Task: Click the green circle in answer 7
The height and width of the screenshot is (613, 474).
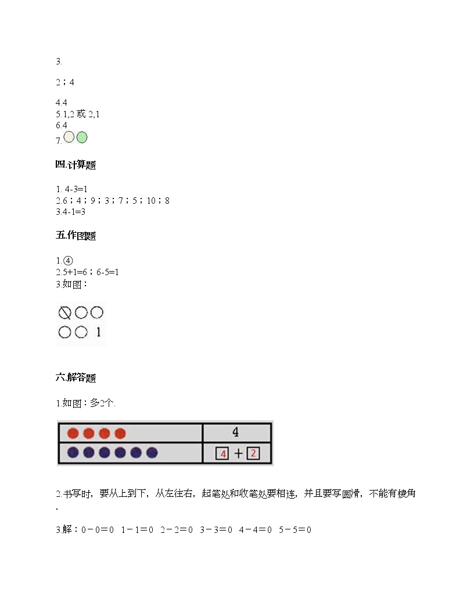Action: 82,137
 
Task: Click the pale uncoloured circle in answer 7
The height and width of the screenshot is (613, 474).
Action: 69,137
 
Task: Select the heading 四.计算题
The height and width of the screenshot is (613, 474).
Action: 76,165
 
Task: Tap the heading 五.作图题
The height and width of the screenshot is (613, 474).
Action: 76,235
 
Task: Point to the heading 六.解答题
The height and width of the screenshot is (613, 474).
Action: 76,377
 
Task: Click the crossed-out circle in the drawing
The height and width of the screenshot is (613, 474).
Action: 64,313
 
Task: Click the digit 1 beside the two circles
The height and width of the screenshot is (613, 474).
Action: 98,332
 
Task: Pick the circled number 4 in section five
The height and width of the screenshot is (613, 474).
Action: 68,261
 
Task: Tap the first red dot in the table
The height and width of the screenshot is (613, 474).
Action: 73,433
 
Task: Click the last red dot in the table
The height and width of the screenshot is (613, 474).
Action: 120,433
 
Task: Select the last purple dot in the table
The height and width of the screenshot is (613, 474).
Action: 152,453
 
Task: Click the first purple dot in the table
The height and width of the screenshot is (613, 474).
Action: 73,453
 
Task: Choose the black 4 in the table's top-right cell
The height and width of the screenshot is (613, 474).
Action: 235,432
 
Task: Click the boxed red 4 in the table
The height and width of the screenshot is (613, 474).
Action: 222,453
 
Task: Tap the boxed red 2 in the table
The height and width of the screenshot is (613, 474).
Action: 253,453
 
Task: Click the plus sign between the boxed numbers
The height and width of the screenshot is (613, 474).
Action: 238,453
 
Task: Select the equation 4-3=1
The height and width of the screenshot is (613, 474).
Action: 76,189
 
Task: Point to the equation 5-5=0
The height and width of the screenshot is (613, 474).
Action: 295,530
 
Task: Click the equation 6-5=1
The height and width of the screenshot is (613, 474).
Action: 107,272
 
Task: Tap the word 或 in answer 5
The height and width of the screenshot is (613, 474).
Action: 81,114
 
